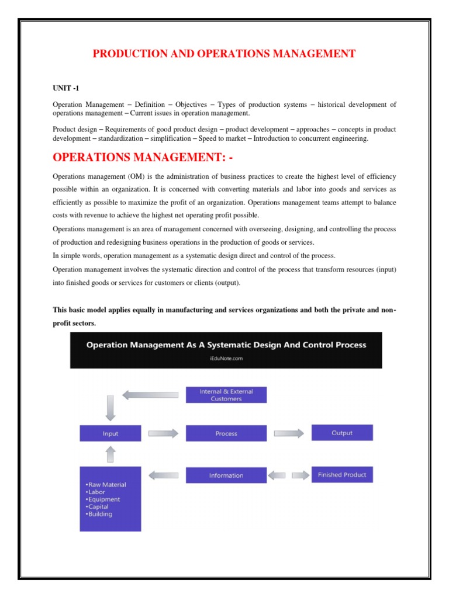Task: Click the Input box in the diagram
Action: point(110,433)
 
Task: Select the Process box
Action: point(226,433)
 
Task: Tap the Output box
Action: point(342,433)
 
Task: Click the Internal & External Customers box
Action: point(226,395)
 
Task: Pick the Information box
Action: point(226,475)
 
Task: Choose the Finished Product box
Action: point(342,475)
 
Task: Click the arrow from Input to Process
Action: point(164,433)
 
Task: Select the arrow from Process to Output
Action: point(289,433)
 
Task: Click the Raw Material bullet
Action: point(106,485)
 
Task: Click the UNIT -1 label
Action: point(65,87)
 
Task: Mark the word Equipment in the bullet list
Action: point(105,500)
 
